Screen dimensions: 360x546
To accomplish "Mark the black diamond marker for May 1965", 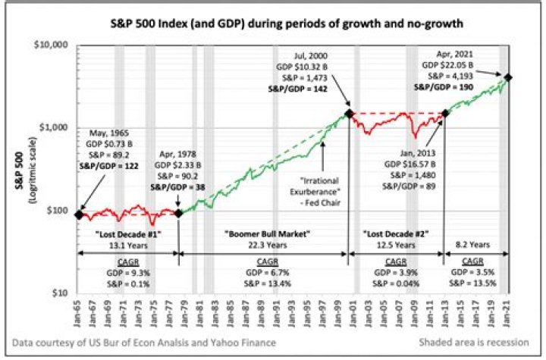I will click(x=80, y=214).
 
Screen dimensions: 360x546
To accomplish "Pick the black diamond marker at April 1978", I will click(x=179, y=214).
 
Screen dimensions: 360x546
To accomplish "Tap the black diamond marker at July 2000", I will click(x=348, y=114).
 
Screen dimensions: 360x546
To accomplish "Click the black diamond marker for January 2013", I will click(x=444, y=114).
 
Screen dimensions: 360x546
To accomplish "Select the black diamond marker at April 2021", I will click(x=507, y=77).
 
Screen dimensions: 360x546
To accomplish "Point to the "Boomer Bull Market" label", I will click(x=262, y=235).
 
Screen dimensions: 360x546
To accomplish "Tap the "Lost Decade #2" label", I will click(x=395, y=235).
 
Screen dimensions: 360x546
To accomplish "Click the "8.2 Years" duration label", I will click(x=475, y=245).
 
